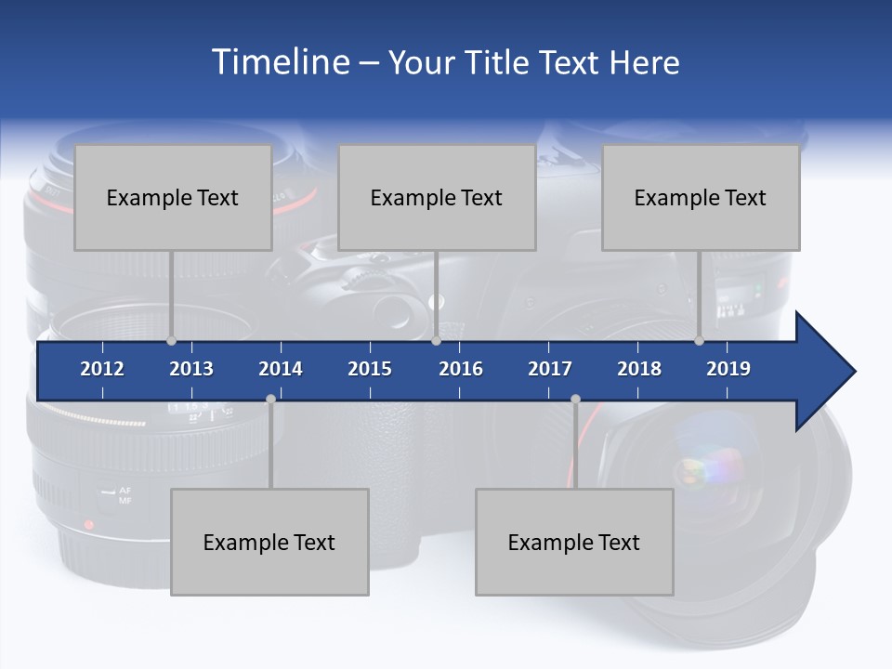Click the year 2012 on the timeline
102,369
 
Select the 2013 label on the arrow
191,369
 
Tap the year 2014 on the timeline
281,369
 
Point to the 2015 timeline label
370,369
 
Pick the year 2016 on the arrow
461,369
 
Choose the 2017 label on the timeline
550,369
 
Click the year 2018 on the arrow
639,369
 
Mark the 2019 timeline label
728,369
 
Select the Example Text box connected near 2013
173,197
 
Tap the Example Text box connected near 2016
437,197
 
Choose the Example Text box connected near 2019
701,197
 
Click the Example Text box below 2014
269,542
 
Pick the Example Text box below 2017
574,542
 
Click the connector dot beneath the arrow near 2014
270,400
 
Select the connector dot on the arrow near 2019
700,341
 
